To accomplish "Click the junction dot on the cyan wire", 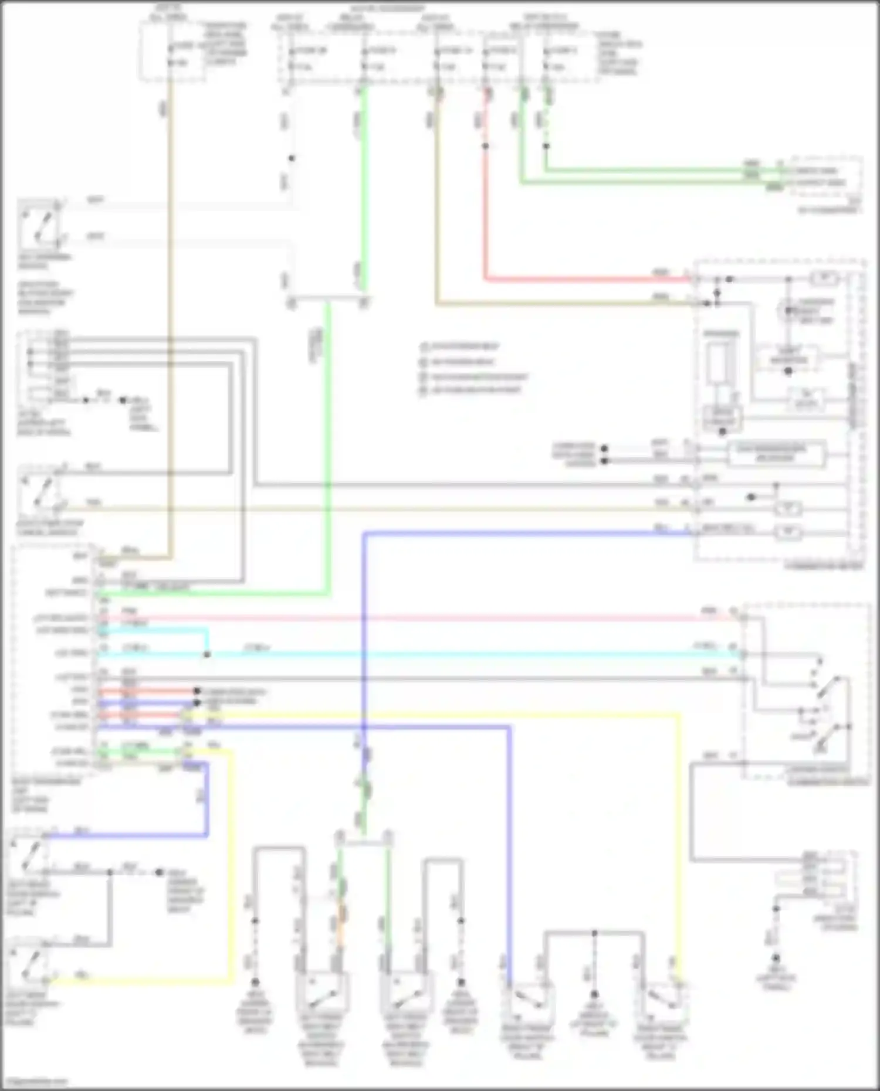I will pyautogui.click(x=207, y=655).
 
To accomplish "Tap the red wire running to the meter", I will pyautogui.click(x=587, y=279).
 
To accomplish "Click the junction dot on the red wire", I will pyautogui.click(x=485, y=146).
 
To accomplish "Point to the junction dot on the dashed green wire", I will pyautogui.click(x=546, y=146).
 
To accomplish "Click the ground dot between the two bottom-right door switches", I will pyautogui.click(x=594, y=995).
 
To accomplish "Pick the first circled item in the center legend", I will pyautogui.click(x=424, y=346).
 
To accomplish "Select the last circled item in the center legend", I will pyautogui.click(x=424, y=390).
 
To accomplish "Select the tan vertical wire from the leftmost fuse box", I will pyautogui.click(x=170, y=293).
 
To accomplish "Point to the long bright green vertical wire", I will pyautogui.click(x=327, y=440).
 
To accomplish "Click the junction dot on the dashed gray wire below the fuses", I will pyautogui.click(x=292, y=158).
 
